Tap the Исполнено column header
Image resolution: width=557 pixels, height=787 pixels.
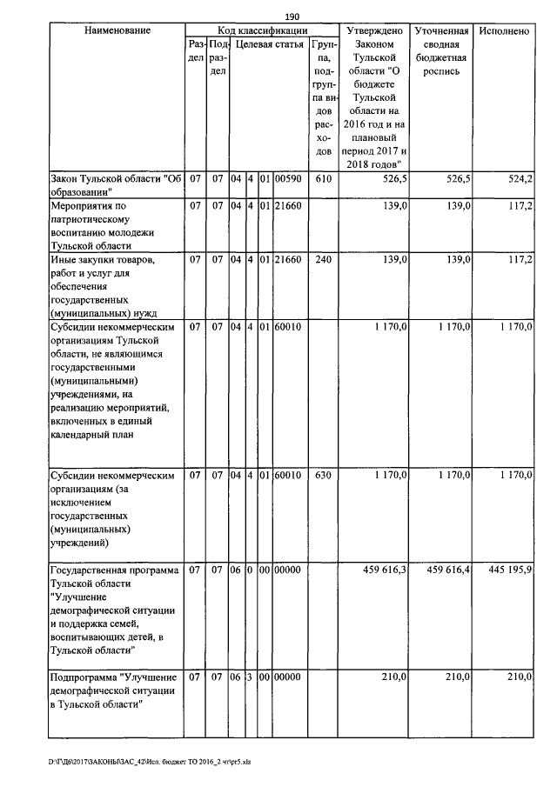point(504,30)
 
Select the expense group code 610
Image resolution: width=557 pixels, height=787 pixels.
point(323,179)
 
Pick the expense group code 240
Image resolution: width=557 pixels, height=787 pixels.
point(323,260)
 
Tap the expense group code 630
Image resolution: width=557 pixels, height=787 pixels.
point(323,476)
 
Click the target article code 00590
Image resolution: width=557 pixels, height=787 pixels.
point(288,179)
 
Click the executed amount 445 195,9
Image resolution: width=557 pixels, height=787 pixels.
point(511,570)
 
